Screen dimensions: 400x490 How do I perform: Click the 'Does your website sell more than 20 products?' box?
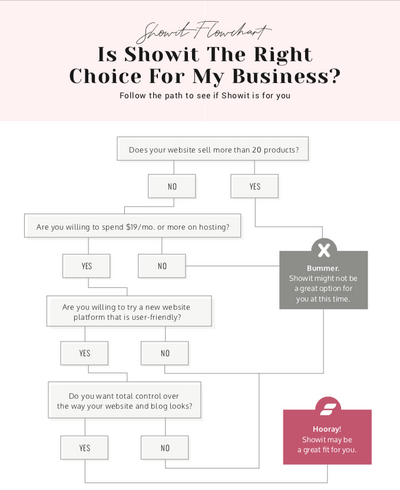point(213,149)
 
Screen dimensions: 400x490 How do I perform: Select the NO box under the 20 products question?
point(172,186)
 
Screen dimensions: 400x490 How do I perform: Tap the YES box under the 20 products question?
point(255,186)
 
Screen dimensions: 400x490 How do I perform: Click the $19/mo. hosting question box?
point(133,226)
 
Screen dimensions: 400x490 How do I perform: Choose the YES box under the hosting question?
point(86,266)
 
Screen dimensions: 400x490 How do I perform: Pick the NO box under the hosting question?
point(162,266)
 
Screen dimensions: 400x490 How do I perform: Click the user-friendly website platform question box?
point(129,311)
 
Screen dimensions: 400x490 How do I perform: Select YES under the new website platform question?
point(84,353)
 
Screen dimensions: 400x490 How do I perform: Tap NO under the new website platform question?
point(165,353)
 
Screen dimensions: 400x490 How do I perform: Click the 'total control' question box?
point(125,400)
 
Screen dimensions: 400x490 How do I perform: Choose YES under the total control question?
point(84,448)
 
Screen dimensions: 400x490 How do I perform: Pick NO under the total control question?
point(165,448)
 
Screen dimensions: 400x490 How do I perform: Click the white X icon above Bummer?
point(324,250)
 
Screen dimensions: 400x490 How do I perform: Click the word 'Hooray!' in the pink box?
point(327,429)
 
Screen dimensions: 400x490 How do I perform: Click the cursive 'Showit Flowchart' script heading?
point(203,32)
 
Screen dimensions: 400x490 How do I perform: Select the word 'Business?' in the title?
point(286,76)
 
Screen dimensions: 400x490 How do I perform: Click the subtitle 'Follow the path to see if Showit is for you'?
point(205,96)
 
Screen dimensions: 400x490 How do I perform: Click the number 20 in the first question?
point(257,150)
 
